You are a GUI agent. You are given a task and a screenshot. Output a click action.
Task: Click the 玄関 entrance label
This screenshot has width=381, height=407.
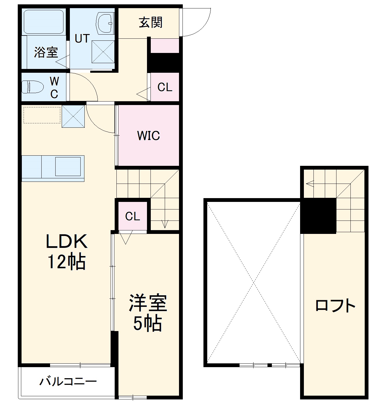pos(150,23)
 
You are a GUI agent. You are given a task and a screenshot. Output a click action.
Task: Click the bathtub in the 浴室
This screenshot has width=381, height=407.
pos(43,22)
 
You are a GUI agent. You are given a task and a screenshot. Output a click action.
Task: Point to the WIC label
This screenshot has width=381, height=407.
pos(148,136)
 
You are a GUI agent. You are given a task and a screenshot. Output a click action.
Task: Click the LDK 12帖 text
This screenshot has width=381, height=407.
pos(66,251)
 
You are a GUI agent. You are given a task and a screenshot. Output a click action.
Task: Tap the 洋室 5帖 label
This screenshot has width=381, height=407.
pos(148,312)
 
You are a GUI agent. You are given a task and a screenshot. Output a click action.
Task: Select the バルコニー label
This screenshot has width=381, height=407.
pos(68,381)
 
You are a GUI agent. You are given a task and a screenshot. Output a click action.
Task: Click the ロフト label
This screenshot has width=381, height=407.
pos(335,306)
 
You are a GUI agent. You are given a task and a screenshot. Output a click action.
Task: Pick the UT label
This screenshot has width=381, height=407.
pos(82,38)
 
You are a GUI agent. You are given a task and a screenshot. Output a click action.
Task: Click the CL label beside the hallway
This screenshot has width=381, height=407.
pos(165,87)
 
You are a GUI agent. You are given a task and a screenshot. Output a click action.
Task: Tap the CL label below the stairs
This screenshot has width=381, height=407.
pos(133,216)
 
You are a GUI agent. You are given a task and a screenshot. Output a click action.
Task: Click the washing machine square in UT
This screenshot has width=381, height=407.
pos(103,51)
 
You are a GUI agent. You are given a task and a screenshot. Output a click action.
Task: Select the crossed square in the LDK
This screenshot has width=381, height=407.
pos(73,116)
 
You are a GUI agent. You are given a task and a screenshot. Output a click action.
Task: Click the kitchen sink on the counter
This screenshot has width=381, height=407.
pos(68,166)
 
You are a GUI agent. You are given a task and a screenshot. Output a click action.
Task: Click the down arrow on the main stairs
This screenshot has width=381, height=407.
pos(165,224)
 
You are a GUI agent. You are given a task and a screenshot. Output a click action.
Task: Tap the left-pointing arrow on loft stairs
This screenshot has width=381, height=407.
pos(310,184)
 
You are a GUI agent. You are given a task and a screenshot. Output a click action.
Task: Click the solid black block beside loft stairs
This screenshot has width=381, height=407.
pos(318,216)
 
